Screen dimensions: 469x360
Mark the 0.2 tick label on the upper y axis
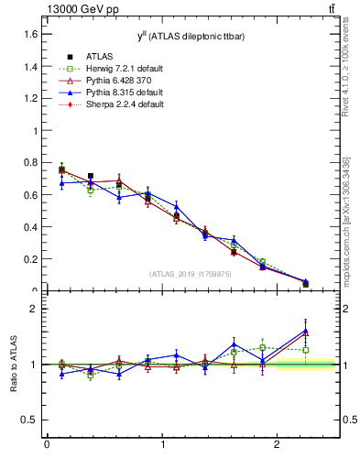[30, 259]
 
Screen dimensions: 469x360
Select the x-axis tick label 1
[162, 446]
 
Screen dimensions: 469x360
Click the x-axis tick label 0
[47, 446]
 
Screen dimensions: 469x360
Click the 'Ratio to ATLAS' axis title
[12, 365]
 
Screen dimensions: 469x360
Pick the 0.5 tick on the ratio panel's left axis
[30, 420]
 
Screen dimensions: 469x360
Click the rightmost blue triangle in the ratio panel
[306, 331]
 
